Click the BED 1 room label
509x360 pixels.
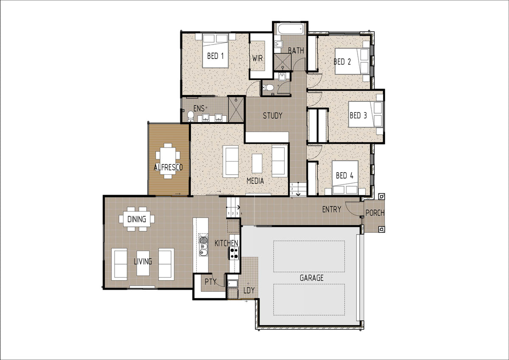(x=215, y=56)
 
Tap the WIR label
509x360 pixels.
(x=257, y=59)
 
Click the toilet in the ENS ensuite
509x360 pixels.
(x=190, y=116)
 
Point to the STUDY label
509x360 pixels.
(x=272, y=116)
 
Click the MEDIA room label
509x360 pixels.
(x=255, y=181)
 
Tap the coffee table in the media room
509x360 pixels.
(x=257, y=163)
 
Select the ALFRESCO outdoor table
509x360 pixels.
(x=168, y=161)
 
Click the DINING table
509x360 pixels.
(x=137, y=219)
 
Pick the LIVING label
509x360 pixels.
(x=143, y=262)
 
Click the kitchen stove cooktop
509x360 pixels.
(x=234, y=253)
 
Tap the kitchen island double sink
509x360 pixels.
(x=203, y=246)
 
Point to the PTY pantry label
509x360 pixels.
(x=210, y=282)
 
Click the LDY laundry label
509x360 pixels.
(x=249, y=290)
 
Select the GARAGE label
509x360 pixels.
(x=311, y=278)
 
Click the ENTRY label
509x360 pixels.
(x=332, y=209)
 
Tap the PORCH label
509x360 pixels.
(x=375, y=213)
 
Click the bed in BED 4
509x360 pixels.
(x=345, y=178)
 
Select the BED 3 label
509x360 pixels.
(x=358, y=116)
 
